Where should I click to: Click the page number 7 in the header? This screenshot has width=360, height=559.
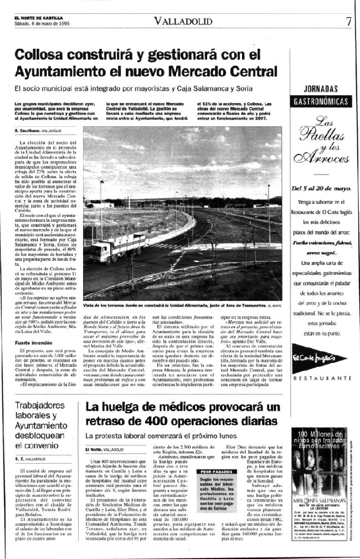pyautogui.click(x=348, y=22)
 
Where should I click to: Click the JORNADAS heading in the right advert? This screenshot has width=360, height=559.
pyautogui.click(x=321, y=89)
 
